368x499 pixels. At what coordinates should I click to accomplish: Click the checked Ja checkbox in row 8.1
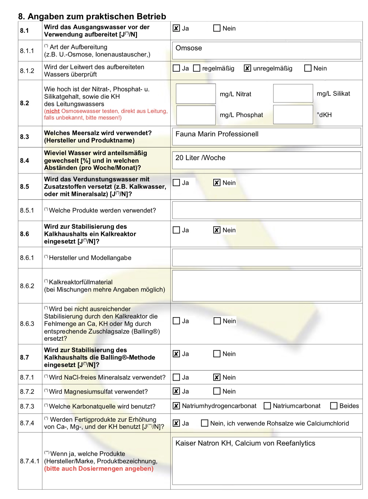pyautogui.click(x=176, y=28)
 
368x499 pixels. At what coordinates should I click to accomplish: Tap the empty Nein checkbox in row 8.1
pyautogui.click(x=217, y=28)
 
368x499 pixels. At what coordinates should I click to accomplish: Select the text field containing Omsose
pyautogui.click(x=266, y=51)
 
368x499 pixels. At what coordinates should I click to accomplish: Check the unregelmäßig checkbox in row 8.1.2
pyautogui.click(x=247, y=68)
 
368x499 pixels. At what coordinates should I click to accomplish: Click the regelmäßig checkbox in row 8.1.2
pyautogui.click(x=197, y=68)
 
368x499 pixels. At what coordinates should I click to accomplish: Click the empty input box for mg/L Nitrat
pyautogui.click(x=196, y=94)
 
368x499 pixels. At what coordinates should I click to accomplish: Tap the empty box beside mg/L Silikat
pyautogui.click(x=293, y=94)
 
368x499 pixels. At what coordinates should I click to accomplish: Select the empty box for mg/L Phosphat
pyautogui.click(x=196, y=115)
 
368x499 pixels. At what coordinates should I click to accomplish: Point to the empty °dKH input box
pyautogui.click(x=293, y=115)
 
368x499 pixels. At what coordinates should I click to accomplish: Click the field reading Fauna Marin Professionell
pyautogui.click(x=266, y=137)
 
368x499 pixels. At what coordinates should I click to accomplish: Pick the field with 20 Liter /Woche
pyautogui.click(x=266, y=160)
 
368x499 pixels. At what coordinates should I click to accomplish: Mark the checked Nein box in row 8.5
pyautogui.click(x=217, y=183)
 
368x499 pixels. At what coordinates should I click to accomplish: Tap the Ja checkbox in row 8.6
pyautogui.click(x=176, y=230)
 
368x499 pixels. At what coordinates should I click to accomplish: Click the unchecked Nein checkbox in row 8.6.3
pyautogui.click(x=217, y=321)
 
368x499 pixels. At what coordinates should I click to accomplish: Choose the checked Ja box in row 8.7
pyautogui.click(x=176, y=354)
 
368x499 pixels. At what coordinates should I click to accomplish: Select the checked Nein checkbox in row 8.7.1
pyautogui.click(x=217, y=377)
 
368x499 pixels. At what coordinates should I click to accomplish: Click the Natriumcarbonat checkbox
pyautogui.click(x=267, y=406)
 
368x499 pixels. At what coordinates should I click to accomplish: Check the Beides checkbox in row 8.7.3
pyautogui.click(x=334, y=406)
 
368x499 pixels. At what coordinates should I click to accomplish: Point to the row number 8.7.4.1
pyautogui.click(x=30, y=461)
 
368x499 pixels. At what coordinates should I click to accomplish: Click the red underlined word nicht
pyautogui.click(x=53, y=111)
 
